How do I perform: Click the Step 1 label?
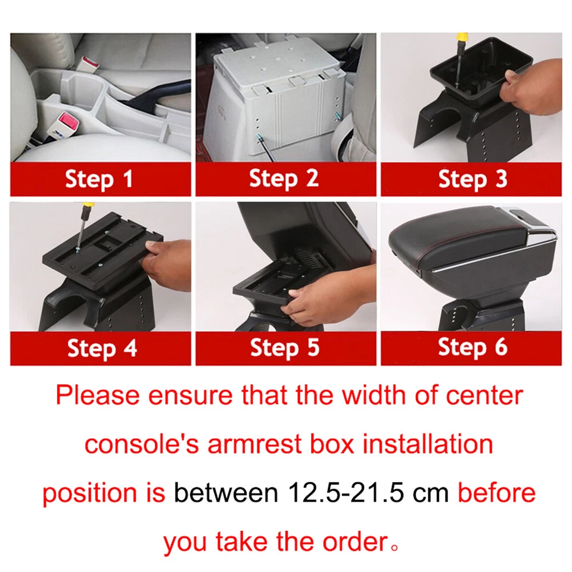pyautogui.click(x=99, y=178)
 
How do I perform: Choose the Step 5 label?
pyautogui.click(x=285, y=348)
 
